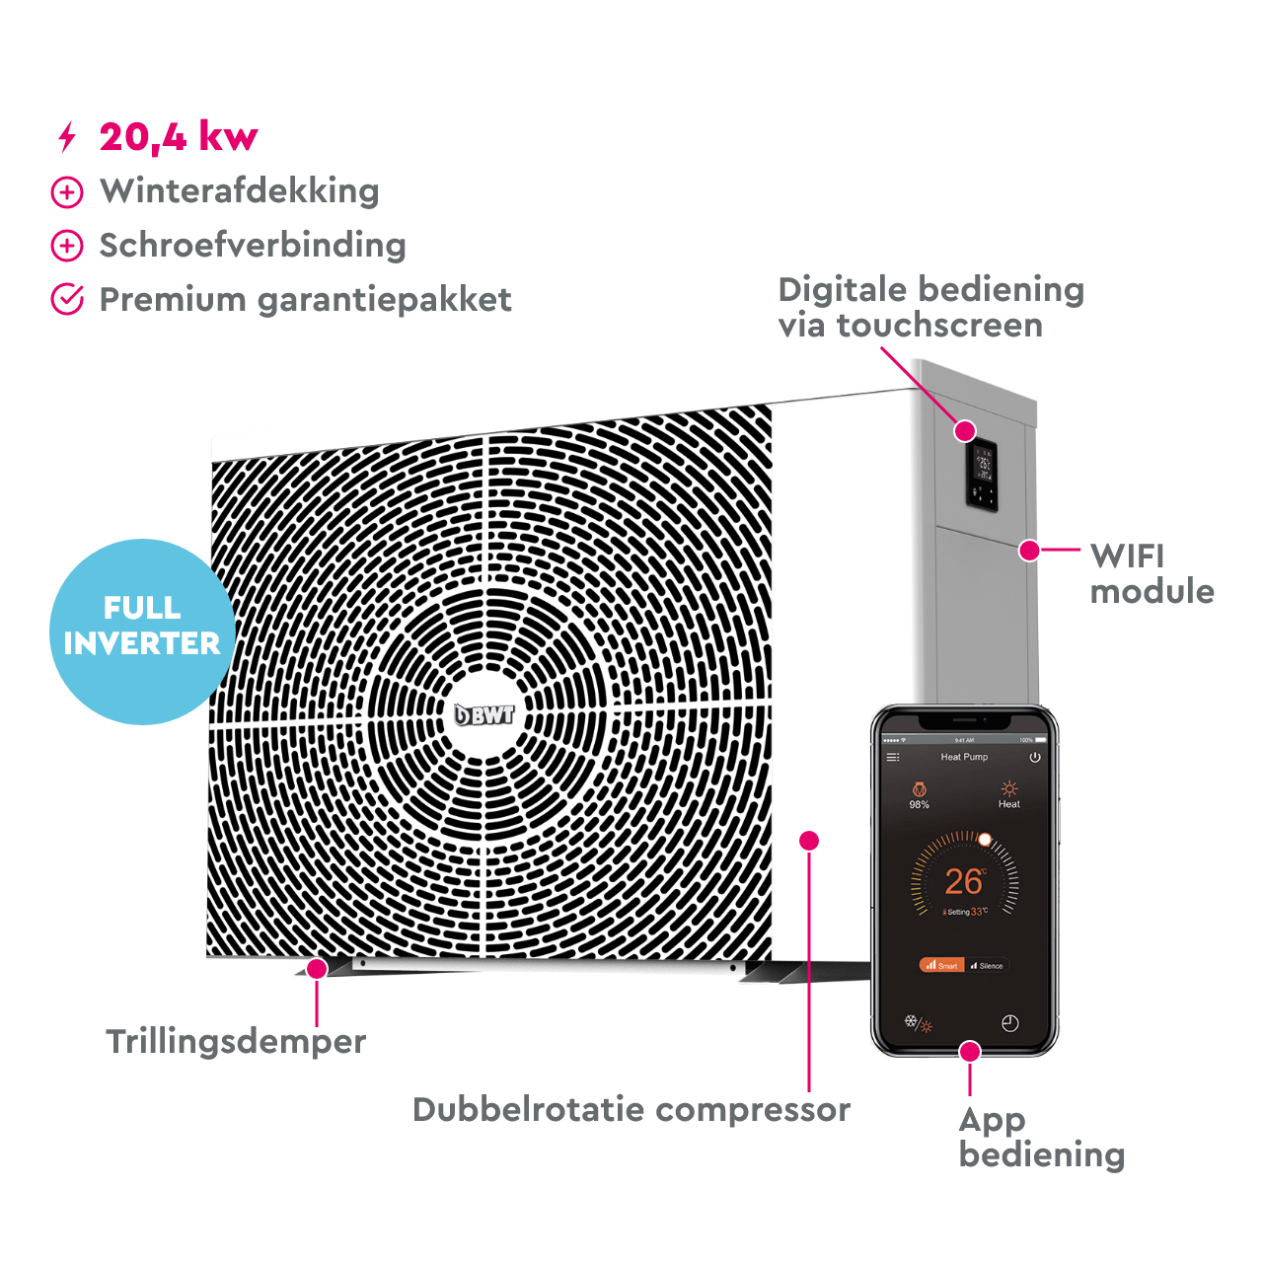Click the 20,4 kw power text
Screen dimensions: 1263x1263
tap(179, 136)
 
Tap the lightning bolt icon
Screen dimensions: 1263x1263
tap(67, 137)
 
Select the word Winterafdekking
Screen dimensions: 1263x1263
tap(240, 191)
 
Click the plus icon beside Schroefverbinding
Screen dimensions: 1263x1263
tap(67, 246)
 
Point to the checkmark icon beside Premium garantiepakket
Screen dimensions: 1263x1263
tap(67, 299)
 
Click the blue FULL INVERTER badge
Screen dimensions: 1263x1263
tap(142, 630)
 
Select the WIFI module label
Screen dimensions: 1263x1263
tap(1152, 573)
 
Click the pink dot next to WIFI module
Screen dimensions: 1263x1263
tap(1030, 550)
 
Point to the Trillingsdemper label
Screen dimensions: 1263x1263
tap(236, 1041)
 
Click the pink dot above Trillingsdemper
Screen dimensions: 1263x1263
tap(317, 969)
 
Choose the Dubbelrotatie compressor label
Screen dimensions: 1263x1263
tap(631, 1109)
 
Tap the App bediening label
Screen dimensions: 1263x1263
tap(1041, 1137)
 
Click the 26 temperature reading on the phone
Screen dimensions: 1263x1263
tap(963, 881)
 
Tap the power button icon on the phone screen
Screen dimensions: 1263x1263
tap(1035, 758)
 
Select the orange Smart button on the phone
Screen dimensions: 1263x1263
tap(941, 965)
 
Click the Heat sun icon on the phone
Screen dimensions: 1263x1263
tap(1008, 788)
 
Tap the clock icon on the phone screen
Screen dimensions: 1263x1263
tap(1009, 1023)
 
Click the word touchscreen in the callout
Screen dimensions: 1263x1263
tap(939, 326)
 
